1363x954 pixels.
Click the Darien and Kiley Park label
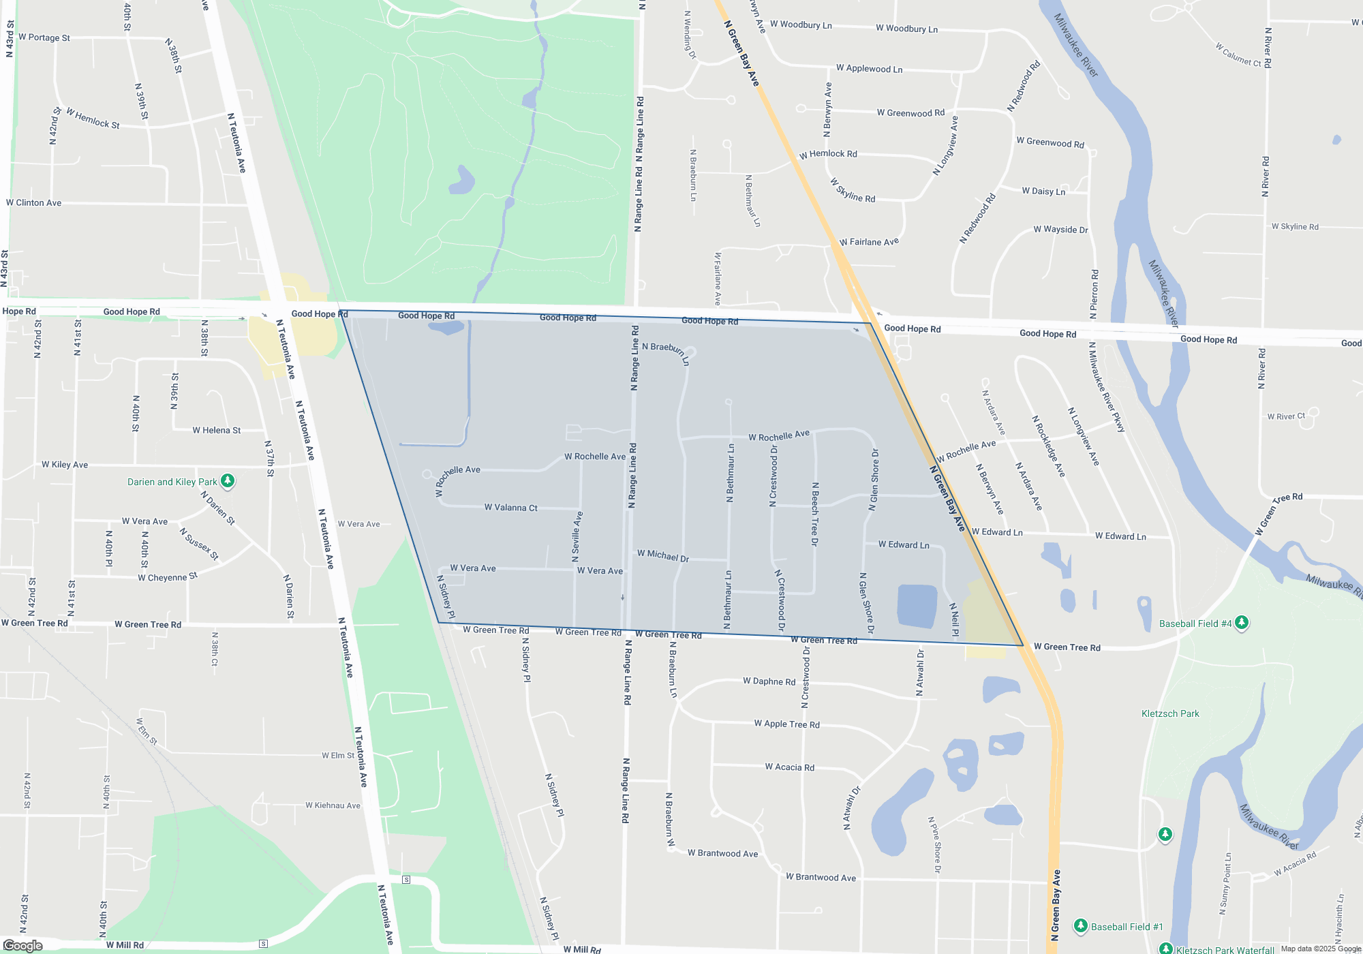(x=172, y=482)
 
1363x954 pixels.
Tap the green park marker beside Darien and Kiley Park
(x=228, y=481)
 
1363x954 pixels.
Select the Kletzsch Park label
(x=1170, y=713)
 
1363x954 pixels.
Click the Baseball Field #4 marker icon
(x=1242, y=622)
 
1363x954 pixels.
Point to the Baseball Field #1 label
(x=1127, y=927)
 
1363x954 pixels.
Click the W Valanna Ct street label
(x=510, y=508)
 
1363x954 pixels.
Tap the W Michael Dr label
(x=663, y=556)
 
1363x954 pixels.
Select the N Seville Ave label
(x=577, y=537)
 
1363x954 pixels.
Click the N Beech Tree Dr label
(x=815, y=514)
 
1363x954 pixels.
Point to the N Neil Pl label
(x=954, y=619)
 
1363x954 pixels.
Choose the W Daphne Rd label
(x=769, y=681)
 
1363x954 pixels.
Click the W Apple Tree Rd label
(x=786, y=724)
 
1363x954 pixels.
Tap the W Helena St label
(x=217, y=430)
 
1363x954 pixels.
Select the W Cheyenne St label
(x=168, y=577)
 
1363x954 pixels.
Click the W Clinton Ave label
(x=34, y=203)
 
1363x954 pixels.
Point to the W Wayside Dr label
(x=1060, y=230)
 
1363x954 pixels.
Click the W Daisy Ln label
(x=1043, y=191)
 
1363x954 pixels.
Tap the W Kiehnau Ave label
(x=333, y=805)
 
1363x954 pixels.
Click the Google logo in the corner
(x=23, y=946)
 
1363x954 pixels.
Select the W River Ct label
(x=1286, y=416)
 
